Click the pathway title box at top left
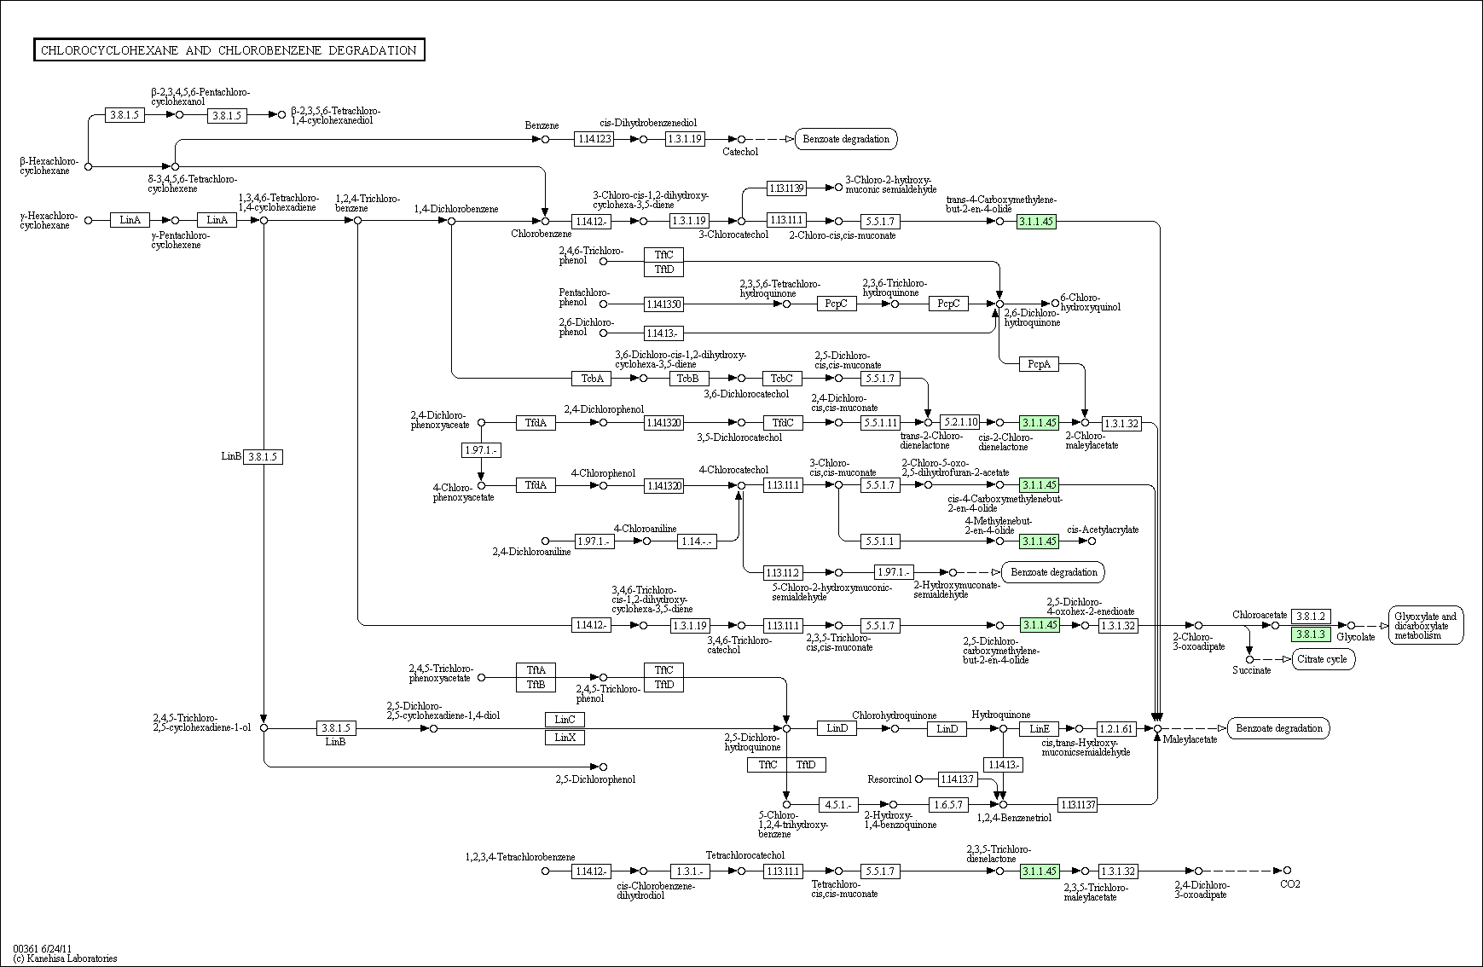tap(229, 50)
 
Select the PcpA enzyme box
tap(1039, 364)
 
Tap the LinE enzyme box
tap(1039, 728)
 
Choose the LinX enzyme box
tap(565, 737)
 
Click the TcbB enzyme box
tap(689, 378)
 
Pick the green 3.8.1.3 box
tap(1311, 634)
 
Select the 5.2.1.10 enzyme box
tap(960, 422)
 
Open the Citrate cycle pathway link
tap(1324, 659)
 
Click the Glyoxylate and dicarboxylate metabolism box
tap(1426, 626)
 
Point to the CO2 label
tap(1290, 883)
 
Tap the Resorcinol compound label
tap(889, 779)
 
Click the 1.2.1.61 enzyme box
tap(1117, 728)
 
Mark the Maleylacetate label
tap(1190, 739)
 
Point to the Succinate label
tap(1251, 670)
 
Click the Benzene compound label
tap(542, 125)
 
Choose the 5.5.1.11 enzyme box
tap(880, 422)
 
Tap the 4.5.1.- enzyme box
tap(837, 804)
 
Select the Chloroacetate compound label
tap(1259, 615)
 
